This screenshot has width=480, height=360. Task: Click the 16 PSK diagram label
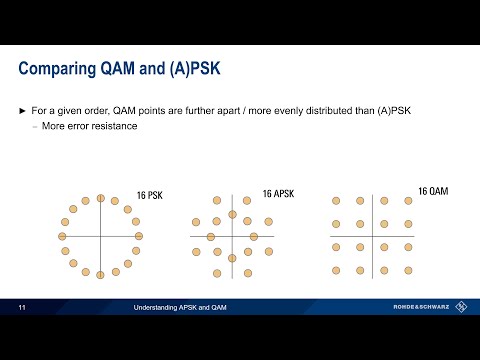click(150, 195)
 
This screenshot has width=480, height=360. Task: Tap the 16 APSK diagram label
click(280, 194)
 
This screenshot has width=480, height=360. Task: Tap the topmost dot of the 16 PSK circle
click(100, 198)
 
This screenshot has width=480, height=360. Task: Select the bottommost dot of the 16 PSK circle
click(100, 273)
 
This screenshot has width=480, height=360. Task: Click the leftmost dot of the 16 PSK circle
click(63, 236)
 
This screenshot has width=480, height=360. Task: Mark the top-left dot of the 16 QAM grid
click(337, 201)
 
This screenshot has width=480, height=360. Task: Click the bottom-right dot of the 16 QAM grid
click(408, 271)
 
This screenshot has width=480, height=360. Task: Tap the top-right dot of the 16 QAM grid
click(408, 201)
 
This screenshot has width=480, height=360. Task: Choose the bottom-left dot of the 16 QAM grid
click(337, 271)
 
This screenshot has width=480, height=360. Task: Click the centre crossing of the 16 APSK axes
click(232, 237)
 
